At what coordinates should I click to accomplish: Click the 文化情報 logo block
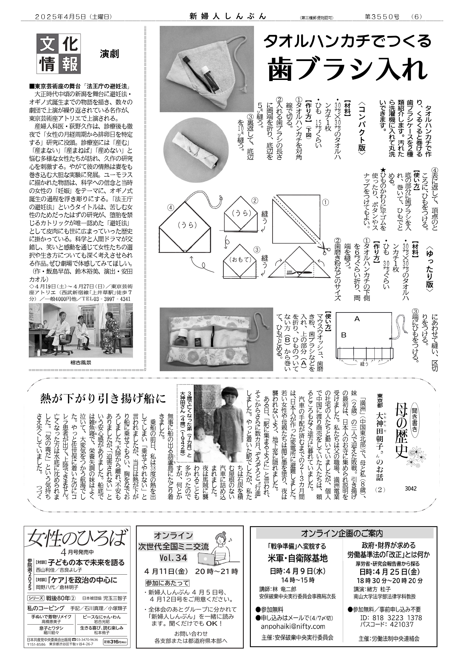point(58,53)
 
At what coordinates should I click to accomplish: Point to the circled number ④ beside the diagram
point(170,207)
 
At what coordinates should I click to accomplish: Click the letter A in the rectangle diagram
point(357,319)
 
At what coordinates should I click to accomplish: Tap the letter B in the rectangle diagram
point(343,335)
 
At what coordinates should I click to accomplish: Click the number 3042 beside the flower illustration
point(411,488)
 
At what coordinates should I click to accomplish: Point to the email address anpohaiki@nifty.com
point(293,626)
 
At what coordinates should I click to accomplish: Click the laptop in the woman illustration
point(207,558)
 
